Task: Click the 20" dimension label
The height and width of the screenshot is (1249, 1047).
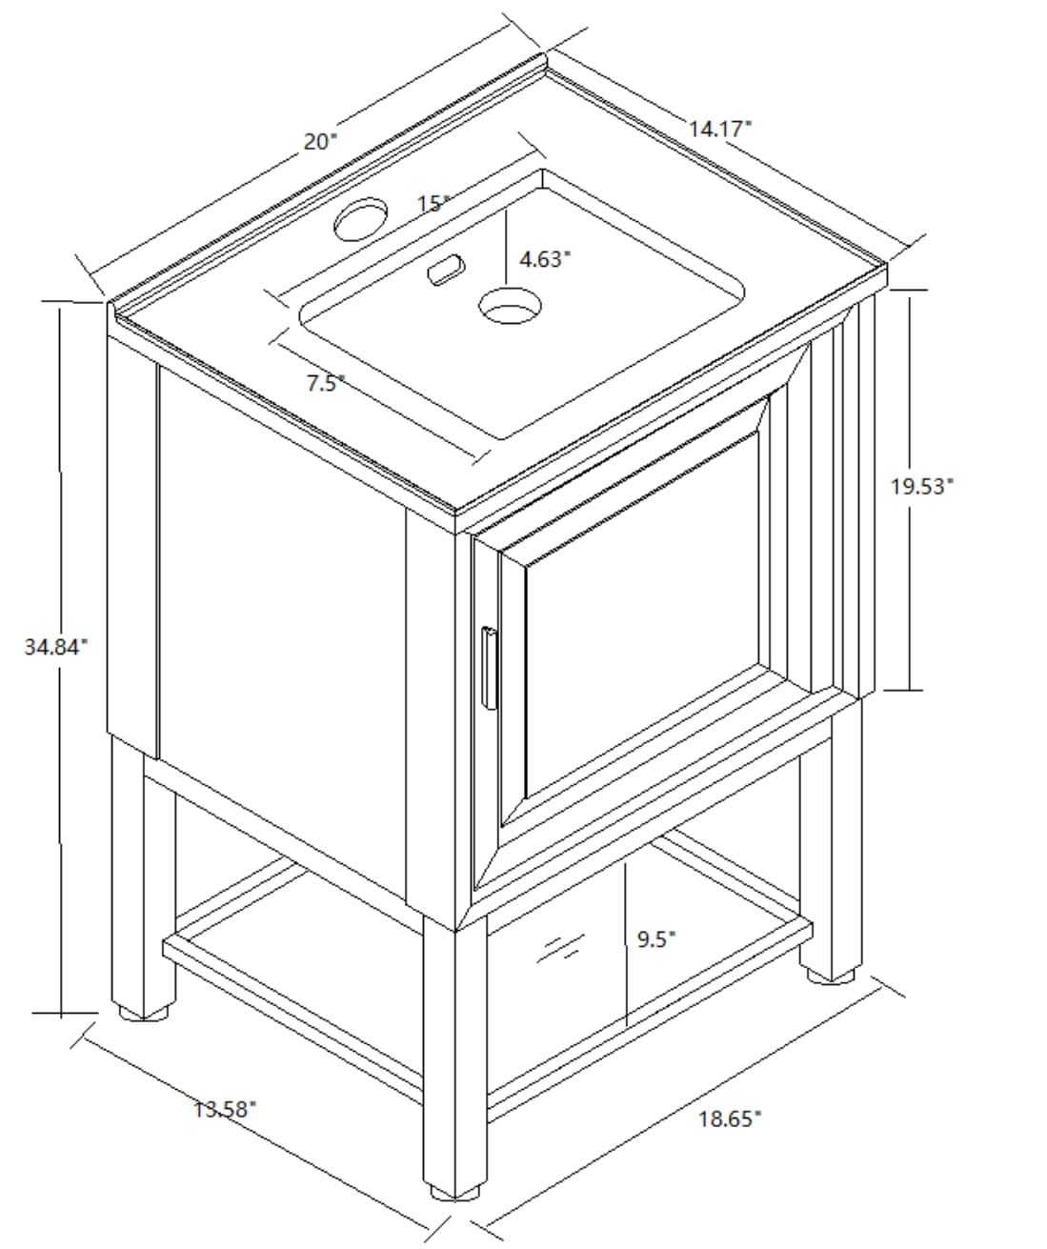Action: (321, 142)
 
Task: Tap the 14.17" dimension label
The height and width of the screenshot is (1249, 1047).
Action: (719, 129)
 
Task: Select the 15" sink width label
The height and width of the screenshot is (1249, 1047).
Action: (433, 204)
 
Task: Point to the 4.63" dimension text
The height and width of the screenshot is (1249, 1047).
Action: (544, 259)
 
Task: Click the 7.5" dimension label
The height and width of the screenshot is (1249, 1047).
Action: (326, 383)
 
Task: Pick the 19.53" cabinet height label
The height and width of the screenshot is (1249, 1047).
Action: (921, 486)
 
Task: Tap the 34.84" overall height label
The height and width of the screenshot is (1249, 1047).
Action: (55, 647)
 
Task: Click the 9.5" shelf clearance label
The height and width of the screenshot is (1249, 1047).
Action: (656, 939)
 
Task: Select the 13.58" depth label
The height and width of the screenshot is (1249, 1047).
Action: (225, 1110)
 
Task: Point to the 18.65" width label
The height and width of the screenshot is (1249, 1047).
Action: (730, 1118)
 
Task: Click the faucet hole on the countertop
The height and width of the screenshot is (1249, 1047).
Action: (360, 219)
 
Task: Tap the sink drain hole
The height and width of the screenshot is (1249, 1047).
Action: (510, 306)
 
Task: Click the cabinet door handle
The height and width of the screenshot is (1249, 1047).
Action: (490, 668)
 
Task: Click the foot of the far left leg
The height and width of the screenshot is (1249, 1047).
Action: (144, 1012)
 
